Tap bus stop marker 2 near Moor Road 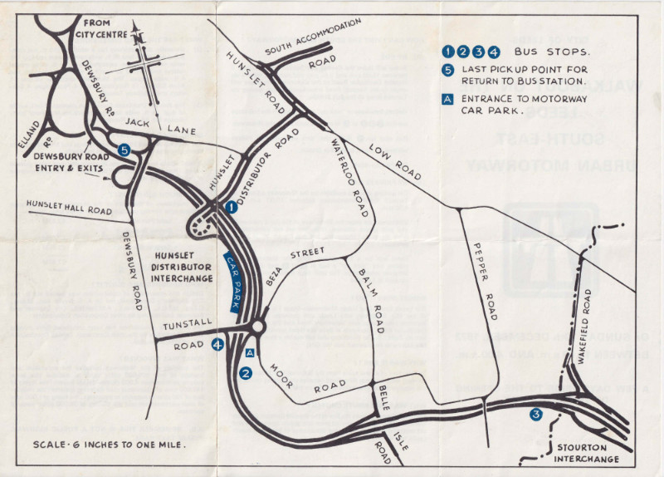point(246,374)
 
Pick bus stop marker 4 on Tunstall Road point(217,344)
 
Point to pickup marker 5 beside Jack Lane point(124,150)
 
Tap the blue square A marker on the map point(250,352)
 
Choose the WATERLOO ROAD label point(350,177)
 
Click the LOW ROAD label point(396,159)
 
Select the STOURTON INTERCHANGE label point(587,453)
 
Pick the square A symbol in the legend point(448,99)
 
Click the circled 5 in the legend point(448,70)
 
